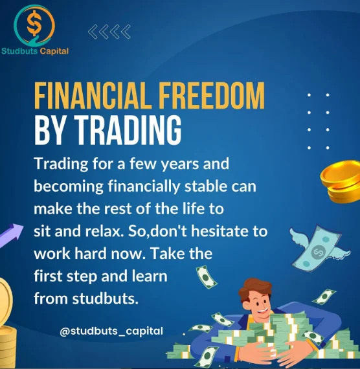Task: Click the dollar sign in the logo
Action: tap(34, 23)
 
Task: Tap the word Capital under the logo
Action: tap(54, 51)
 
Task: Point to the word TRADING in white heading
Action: tap(128, 130)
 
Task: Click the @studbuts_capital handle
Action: tap(111, 331)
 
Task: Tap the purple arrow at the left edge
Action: tap(11, 235)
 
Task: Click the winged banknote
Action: tap(319, 249)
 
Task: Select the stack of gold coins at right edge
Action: tap(341, 181)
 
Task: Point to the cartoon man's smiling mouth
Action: tap(262, 312)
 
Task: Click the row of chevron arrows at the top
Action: tap(109, 32)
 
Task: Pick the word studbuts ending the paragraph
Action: tap(105, 298)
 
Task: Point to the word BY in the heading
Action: tap(50, 130)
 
